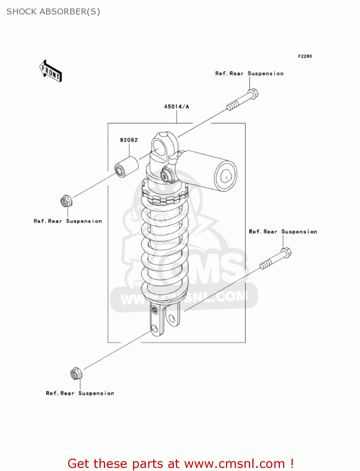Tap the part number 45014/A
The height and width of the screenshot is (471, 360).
coord(176,107)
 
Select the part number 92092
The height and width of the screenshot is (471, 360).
coord(129,140)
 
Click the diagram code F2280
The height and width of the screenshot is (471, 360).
coord(305,56)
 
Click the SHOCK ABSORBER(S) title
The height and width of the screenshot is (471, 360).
coord(53,12)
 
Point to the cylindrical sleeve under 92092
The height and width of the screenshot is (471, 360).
coord(126,166)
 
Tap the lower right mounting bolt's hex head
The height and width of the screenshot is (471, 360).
coord(286,253)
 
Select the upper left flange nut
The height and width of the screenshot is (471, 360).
coord(66,201)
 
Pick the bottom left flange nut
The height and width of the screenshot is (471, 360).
coord(76,374)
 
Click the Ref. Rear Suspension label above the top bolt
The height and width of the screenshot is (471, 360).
coord(249,73)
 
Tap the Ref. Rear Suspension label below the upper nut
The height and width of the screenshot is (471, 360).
coord(68,221)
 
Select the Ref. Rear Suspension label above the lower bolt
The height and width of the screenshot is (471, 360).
coord(283,232)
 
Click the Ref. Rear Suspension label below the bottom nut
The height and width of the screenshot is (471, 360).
coord(80,393)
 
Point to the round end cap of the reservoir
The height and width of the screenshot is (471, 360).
coord(225,176)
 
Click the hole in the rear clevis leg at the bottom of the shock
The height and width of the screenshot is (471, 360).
coord(171,319)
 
